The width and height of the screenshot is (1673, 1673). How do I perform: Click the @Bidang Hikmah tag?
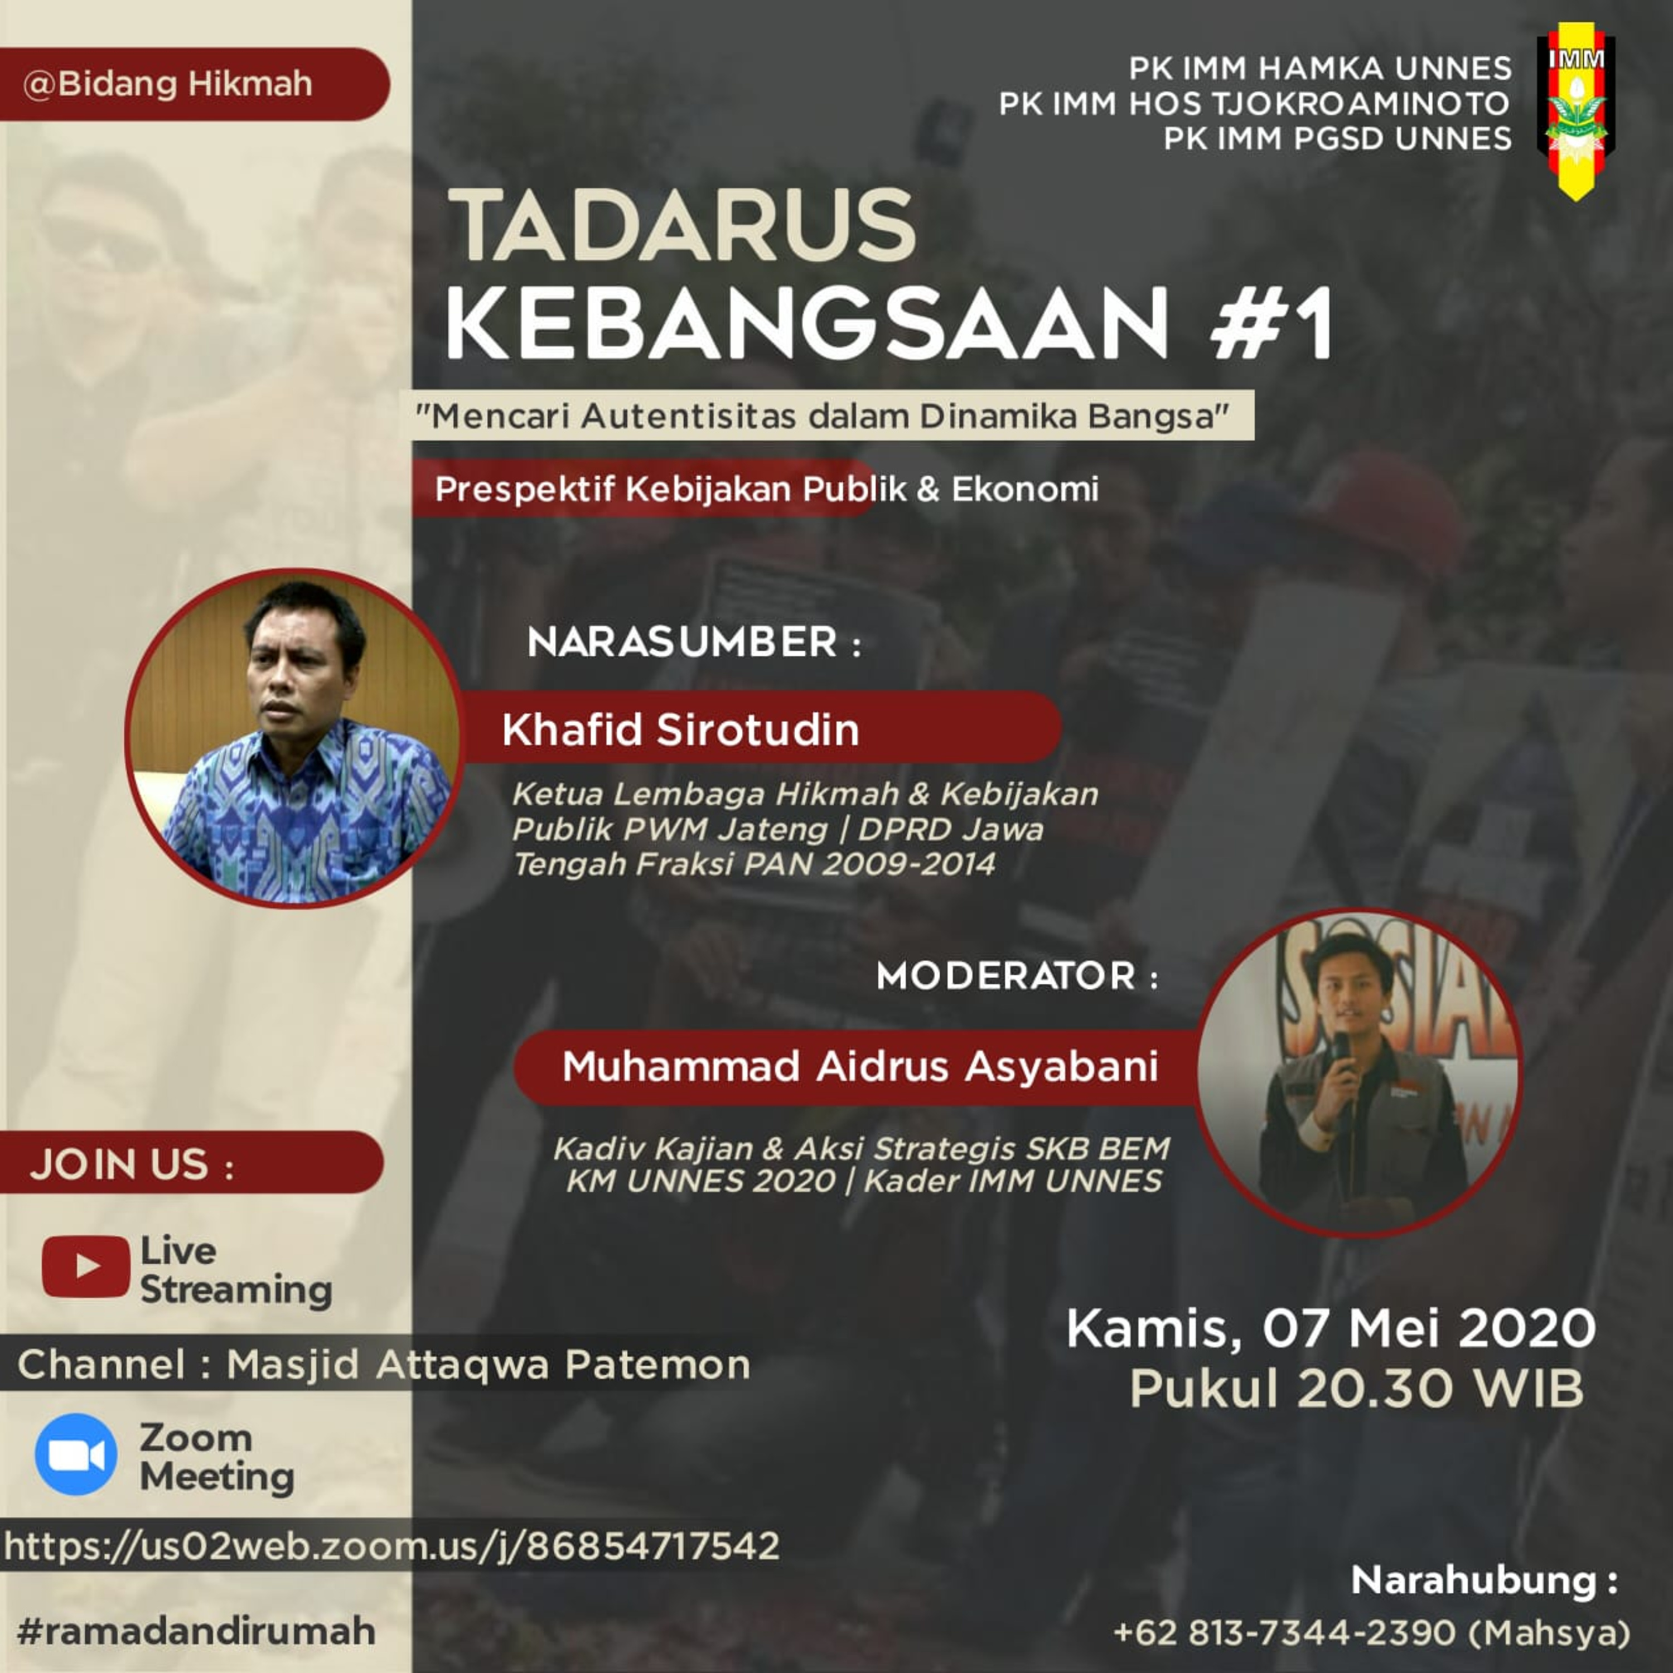168,84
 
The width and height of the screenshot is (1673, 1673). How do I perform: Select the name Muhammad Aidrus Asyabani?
860,1066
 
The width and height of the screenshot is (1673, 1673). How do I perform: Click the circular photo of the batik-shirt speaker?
294,739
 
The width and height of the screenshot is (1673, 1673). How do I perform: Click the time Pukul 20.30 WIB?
1356,1389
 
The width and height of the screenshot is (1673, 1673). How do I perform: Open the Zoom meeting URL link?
391,1546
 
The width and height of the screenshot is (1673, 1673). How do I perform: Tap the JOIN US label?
132,1165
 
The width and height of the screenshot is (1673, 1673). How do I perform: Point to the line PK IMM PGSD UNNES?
1338,138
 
